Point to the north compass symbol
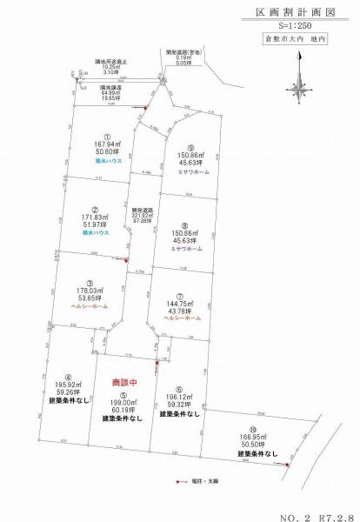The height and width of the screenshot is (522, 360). (x=299, y=84)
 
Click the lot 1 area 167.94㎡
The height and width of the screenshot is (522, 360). (x=107, y=145)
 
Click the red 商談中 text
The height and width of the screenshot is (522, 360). (x=127, y=383)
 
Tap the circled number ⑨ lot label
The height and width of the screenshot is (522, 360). (x=190, y=148)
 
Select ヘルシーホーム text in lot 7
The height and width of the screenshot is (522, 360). (x=181, y=318)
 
